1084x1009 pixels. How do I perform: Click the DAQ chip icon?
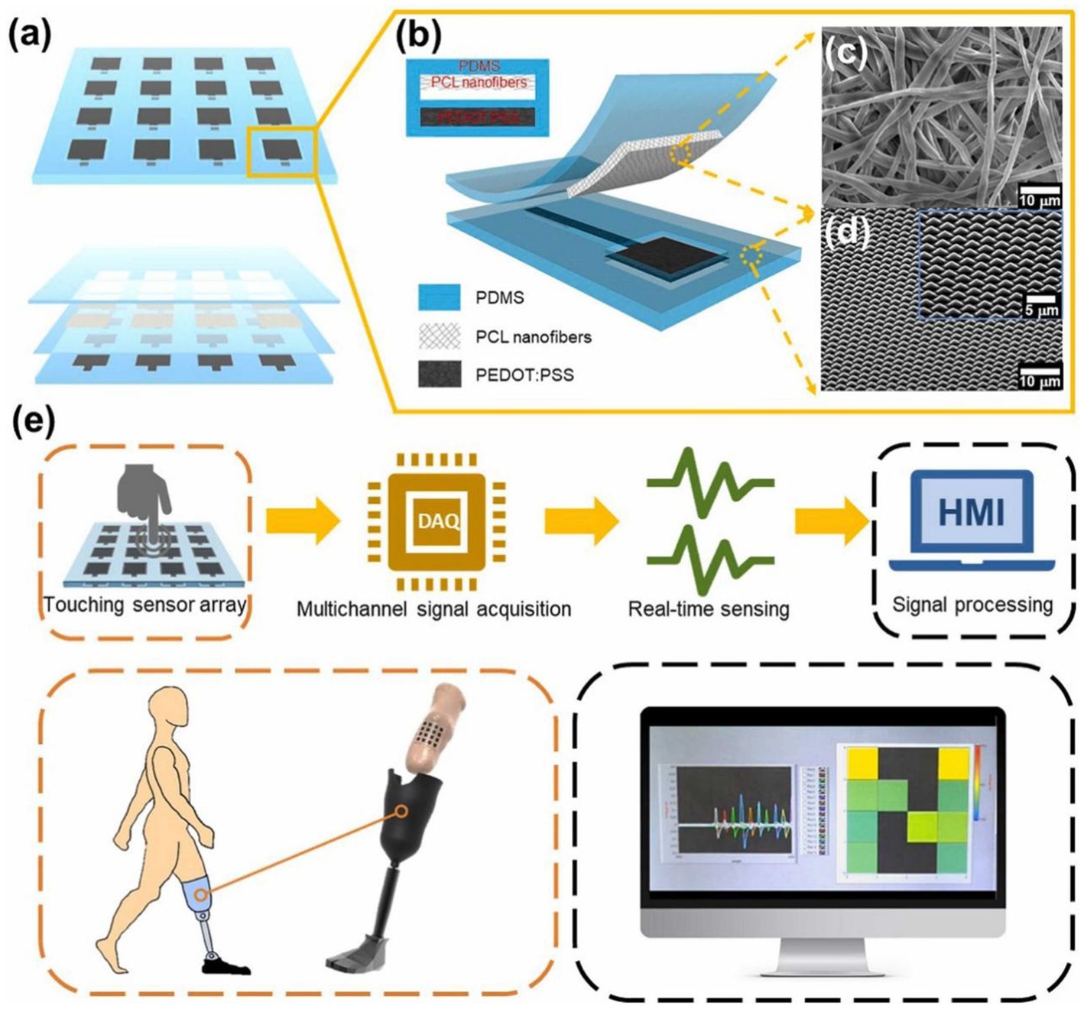pyautogui.click(x=438, y=522)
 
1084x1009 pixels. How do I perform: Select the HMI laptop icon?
pyautogui.click(x=972, y=520)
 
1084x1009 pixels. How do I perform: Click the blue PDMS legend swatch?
pyautogui.click(x=440, y=297)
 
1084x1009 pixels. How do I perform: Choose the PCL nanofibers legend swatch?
pyautogui.click(x=440, y=336)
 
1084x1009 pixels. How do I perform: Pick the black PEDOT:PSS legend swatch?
pyautogui.click(x=440, y=375)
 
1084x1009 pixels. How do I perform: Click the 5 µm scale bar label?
pyautogui.click(x=1041, y=310)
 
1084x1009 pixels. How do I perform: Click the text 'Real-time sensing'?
pyautogui.click(x=708, y=609)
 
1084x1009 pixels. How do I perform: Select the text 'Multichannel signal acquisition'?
pyautogui.click(x=433, y=609)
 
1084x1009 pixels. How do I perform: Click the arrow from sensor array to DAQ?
pyautogui.click(x=303, y=522)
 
